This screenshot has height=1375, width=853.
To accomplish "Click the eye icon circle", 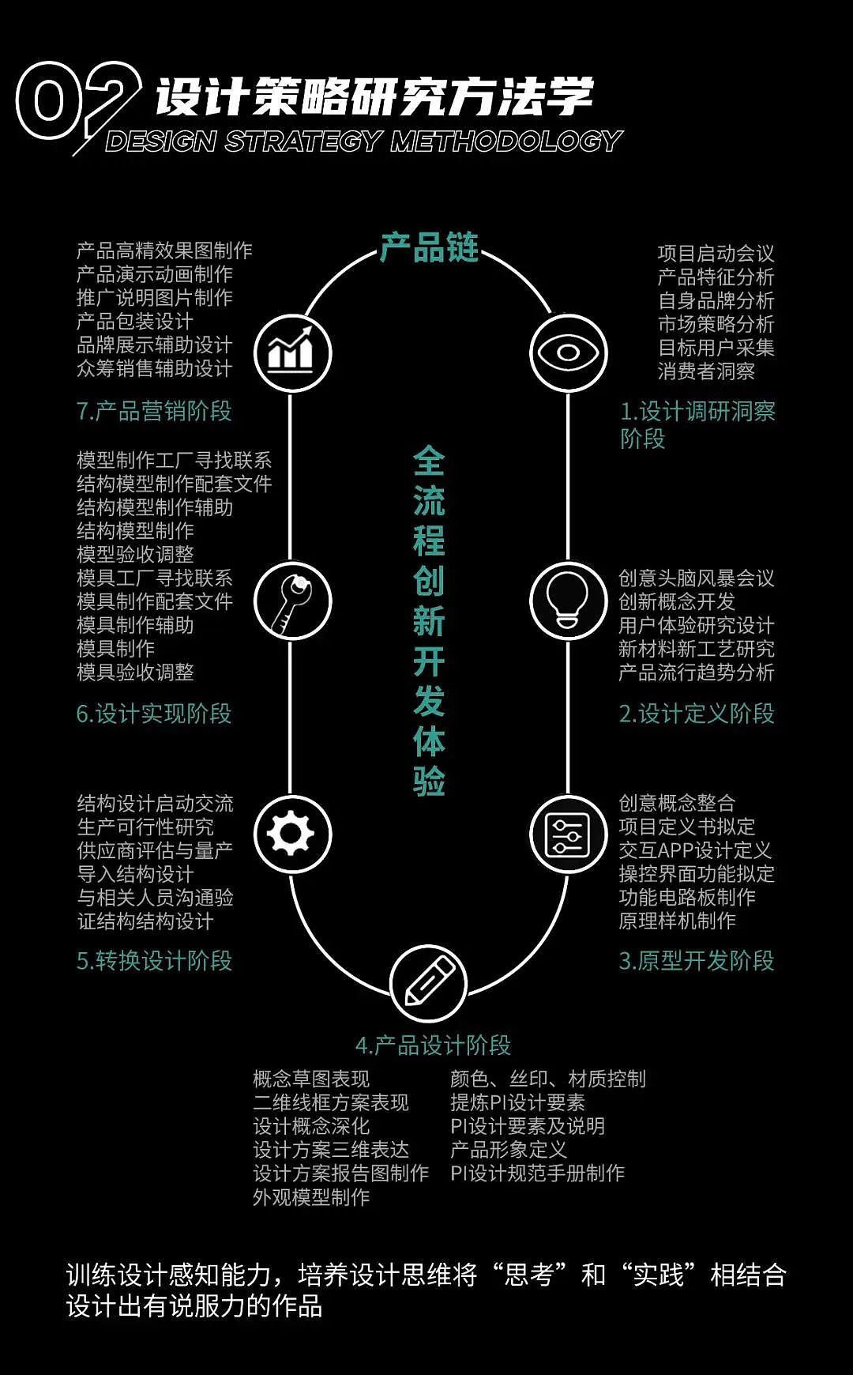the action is pos(568,352).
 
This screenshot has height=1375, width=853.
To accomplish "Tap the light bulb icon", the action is pos(568,600).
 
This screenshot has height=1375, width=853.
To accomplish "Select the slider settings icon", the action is pos(568,834).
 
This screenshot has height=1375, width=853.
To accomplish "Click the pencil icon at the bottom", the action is pos(429,983).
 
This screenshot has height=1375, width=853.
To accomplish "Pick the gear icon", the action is pos(291,834).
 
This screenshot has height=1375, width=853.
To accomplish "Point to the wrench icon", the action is pos(291,601).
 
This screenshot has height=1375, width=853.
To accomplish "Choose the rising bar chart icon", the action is pos(291,353).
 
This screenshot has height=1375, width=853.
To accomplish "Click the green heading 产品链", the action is pos(429,247).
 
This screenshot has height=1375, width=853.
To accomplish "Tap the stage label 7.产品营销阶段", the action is pos(154,411).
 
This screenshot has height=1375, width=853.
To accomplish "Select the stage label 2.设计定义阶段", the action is pos(697,714).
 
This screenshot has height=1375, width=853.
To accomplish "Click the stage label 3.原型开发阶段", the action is pos(697,961).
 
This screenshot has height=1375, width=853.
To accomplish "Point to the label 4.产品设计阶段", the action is pos(433,1045).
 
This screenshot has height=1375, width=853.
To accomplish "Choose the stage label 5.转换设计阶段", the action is pos(155,961).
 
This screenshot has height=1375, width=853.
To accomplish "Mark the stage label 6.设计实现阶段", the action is pos(154,714).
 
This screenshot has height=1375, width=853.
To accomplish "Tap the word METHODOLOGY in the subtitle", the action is pos(506,141).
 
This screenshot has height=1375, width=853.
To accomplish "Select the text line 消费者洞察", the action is pos(706,371).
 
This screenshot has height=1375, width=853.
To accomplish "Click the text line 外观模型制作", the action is pos(311,1197).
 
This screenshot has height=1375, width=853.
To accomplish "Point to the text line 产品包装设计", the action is pos(134,321).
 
